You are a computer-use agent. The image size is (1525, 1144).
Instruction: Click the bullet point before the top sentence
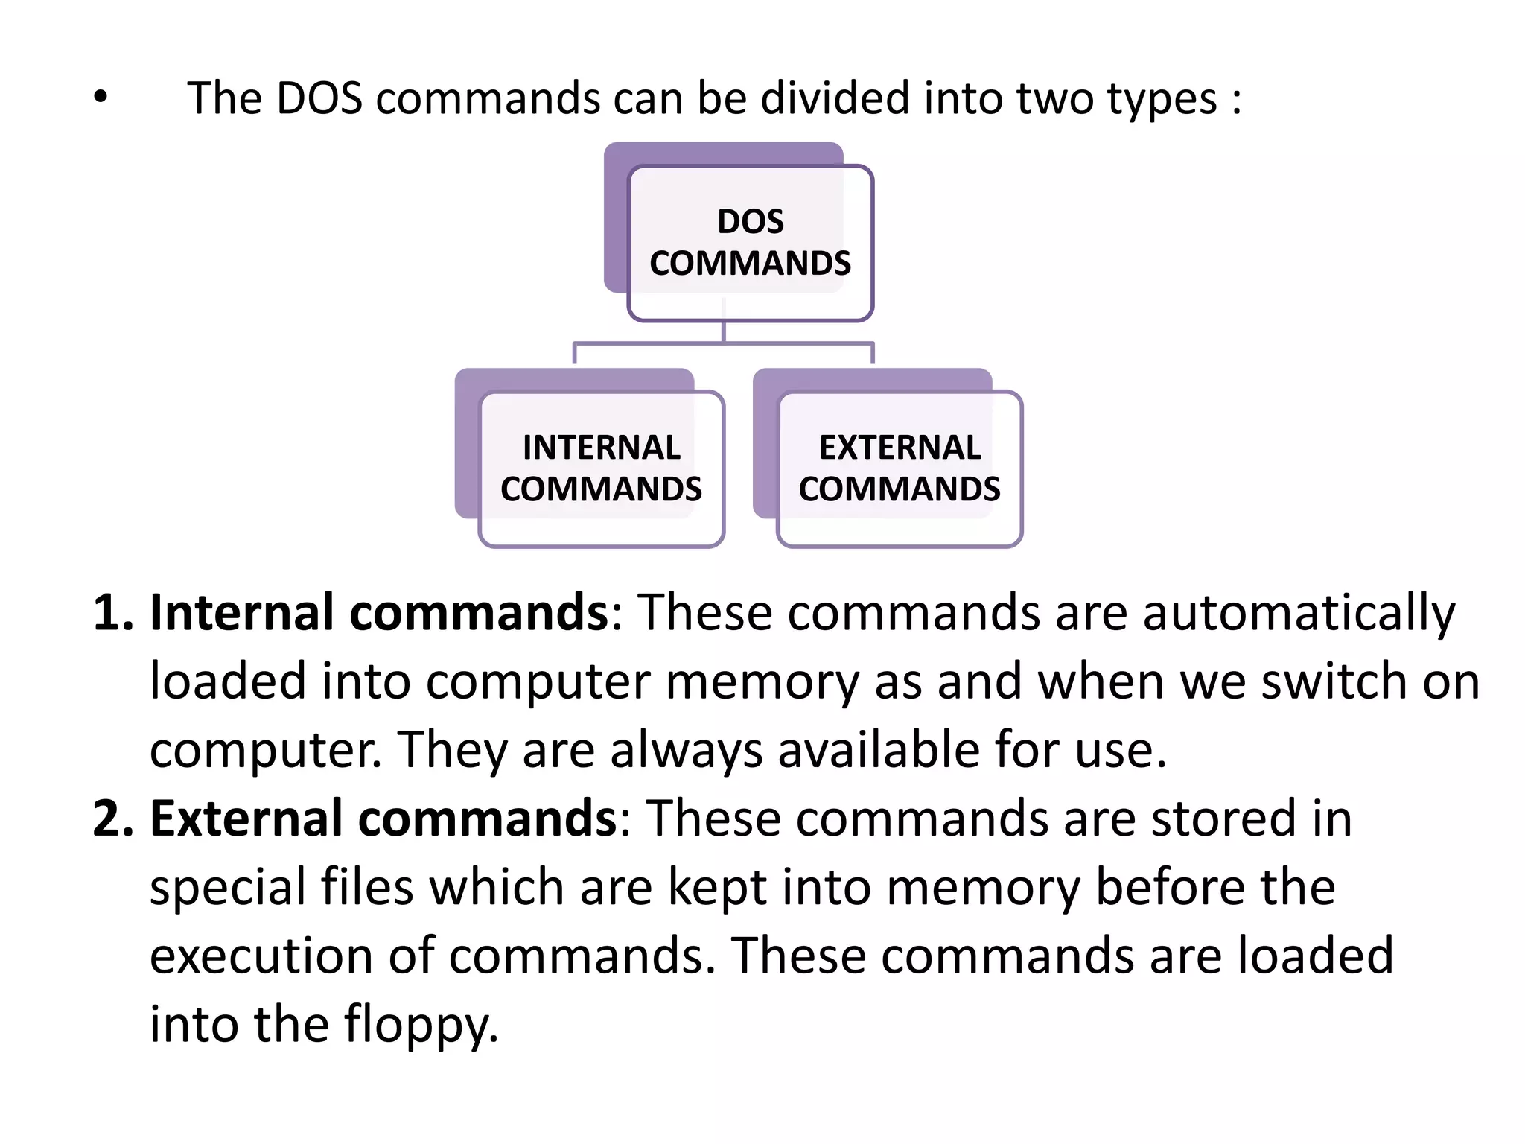(101, 97)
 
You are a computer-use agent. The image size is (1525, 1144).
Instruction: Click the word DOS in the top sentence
(319, 98)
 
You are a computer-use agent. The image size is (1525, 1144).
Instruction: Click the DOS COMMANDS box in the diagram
(750, 243)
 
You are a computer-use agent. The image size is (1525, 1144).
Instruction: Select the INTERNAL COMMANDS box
(601, 468)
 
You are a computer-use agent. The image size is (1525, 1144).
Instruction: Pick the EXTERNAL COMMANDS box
(900, 468)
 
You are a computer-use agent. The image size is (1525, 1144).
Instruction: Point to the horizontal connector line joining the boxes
(722, 343)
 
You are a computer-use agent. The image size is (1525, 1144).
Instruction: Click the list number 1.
(112, 613)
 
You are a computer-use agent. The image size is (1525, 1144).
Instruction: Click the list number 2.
(112, 819)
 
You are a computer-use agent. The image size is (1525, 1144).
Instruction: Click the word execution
(261, 956)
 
